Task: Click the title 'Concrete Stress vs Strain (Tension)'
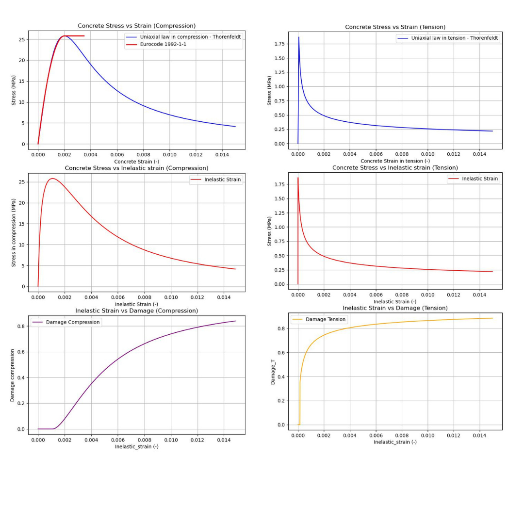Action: click(x=395, y=27)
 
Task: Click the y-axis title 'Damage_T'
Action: click(x=273, y=372)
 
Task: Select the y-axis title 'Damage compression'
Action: click(x=13, y=375)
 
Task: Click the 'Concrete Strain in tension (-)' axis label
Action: click(x=395, y=161)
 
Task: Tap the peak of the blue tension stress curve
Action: click(x=299, y=37)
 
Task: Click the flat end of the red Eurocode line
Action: click(x=83, y=36)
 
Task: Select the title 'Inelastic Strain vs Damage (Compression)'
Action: click(x=136, y=311)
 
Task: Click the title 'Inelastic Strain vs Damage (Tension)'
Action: click(x=395, y=308)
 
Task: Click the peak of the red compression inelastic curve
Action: click(x=52, y=179)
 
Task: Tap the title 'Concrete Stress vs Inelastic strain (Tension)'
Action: click(x=395, y=168)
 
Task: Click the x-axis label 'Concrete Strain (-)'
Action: click(x=136, y=162)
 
